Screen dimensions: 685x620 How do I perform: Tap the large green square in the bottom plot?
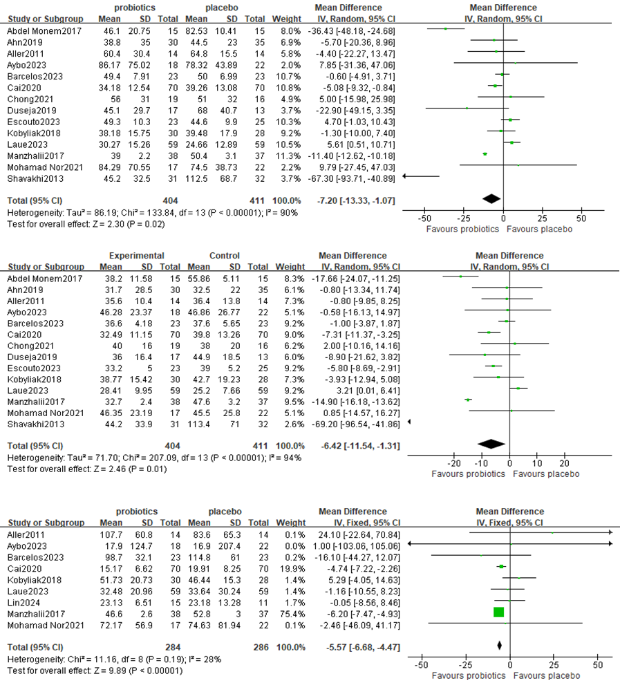tap(499, 612)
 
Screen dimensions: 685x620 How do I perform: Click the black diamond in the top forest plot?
tap(491, 199)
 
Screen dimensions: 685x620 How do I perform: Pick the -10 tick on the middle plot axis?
tap(482, 463)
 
